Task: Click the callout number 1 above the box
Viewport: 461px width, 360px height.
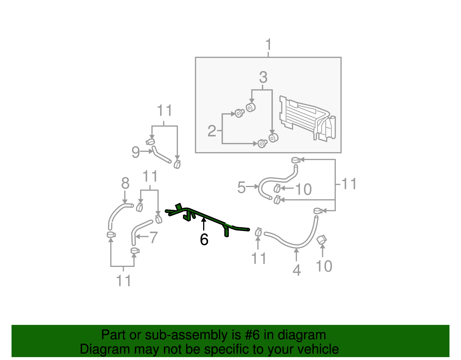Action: pos(268,45)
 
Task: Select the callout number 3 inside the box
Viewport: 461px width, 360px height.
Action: pos(263,77)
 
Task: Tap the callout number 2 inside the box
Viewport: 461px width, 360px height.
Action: pos(212,131)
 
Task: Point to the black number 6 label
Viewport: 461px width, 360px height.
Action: pos(204,240)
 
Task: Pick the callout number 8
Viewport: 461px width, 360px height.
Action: pos(125,183)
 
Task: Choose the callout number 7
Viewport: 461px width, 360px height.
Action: pos(154,238)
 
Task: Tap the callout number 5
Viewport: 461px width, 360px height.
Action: pos(241,187)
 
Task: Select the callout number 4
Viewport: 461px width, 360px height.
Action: pos(296,270)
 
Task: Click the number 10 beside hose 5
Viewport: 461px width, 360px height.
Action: pos(304,189)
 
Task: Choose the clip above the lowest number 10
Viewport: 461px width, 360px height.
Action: pos(322,240)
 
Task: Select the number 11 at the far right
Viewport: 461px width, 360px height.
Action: pos(349,184)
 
